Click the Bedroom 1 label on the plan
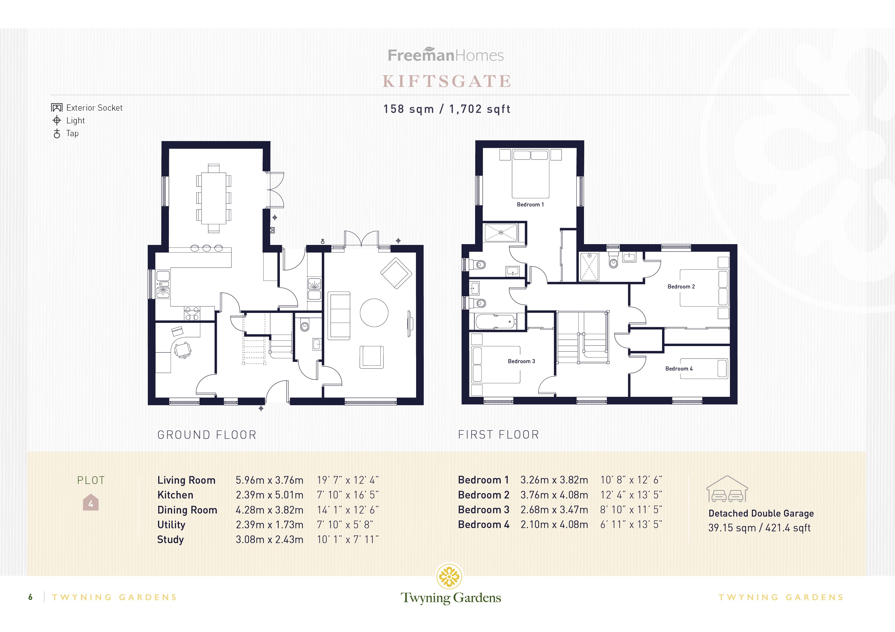coord(530,204)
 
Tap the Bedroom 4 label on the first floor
coord(679,369)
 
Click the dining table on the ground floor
coord(214,198)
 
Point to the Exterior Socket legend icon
coord(57,108)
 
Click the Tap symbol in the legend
coord(57,134)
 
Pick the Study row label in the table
coord(170,540)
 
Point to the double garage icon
coord(727,490)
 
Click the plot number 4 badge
coord(91,503)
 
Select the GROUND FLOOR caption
coord(207,435)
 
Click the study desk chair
coord(182,349)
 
